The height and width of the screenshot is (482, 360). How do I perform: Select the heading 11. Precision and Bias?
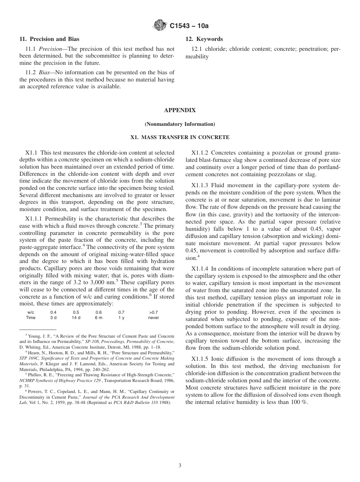[x=49, y=39]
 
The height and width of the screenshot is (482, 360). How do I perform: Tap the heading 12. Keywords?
[x=204, y=39]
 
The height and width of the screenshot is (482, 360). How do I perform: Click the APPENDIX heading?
[x=180, y=110]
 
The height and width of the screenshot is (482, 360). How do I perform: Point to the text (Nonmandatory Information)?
[x=180, y=124]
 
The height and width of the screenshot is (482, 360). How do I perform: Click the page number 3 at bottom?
[x=180, y=466]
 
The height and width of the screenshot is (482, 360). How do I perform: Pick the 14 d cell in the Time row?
[x=76, y=318]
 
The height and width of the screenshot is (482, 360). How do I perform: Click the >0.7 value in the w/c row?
[x=153, y=312]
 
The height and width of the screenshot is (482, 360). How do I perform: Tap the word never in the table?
[x=153, y=318]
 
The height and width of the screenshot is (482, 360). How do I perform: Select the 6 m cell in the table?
[x=99, y=318]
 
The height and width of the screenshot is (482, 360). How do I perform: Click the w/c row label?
[x=31, y=312]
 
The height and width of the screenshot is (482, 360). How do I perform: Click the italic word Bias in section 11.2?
[x=46, y=73]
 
